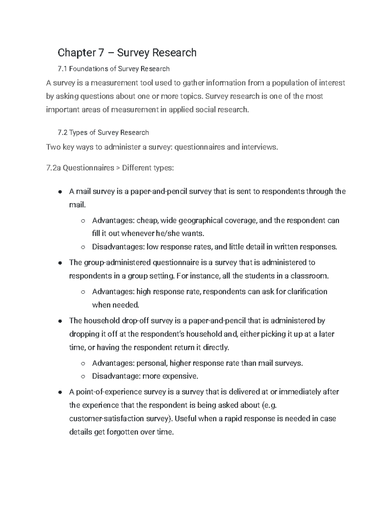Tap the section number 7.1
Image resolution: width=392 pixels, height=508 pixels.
point(62,69)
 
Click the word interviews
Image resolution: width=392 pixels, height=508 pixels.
point(259,147)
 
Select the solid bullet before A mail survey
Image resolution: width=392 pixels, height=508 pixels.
point(60,192)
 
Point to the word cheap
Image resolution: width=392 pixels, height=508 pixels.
point(147,220)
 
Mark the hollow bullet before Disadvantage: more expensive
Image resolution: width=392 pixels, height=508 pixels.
point(83,377)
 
